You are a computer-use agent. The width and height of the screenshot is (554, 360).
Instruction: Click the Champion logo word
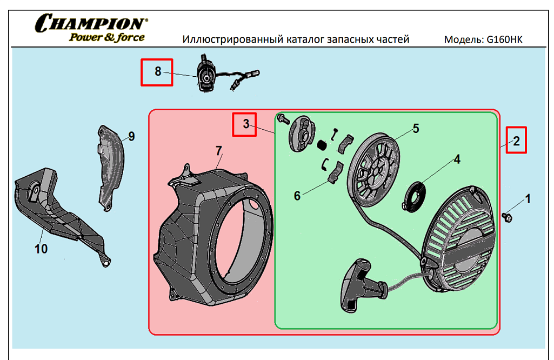pos(91,23)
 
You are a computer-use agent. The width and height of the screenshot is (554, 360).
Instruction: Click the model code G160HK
pos(504,39)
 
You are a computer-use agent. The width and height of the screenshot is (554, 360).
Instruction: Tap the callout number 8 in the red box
pos(158,72)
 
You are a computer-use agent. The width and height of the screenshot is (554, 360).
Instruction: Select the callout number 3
pos(246,124)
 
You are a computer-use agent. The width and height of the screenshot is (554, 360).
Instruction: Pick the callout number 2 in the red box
pos(516,141)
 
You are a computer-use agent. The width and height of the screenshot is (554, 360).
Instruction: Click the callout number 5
pos(416,129)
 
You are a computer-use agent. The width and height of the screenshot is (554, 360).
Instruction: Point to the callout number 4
pos(457,159)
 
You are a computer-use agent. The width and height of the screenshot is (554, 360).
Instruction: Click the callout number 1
pos(528,199)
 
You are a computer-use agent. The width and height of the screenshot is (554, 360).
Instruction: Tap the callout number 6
pos(297,196)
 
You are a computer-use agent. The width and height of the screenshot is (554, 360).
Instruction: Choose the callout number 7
pos(219,151)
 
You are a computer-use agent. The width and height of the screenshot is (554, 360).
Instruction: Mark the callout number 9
pos(131,136)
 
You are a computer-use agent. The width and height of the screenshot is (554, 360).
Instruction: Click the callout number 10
pos(41,249)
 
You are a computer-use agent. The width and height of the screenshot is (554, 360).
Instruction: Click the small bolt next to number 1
pos(507,217)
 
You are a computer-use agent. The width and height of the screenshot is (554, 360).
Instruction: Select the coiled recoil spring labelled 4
pos(415,197)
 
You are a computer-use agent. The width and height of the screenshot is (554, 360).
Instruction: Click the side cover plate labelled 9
pos(111,168)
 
